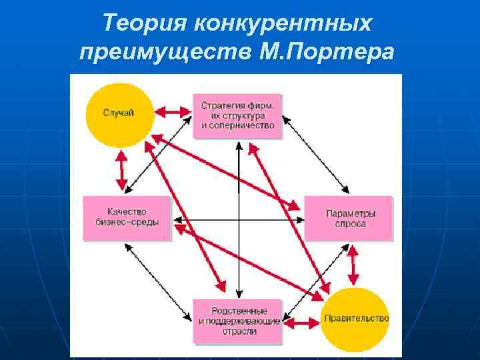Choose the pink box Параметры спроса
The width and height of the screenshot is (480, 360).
pos(348,218)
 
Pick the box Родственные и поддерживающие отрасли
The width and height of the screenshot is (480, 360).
pos(237,321)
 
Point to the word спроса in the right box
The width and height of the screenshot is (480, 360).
pos(351,224)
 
